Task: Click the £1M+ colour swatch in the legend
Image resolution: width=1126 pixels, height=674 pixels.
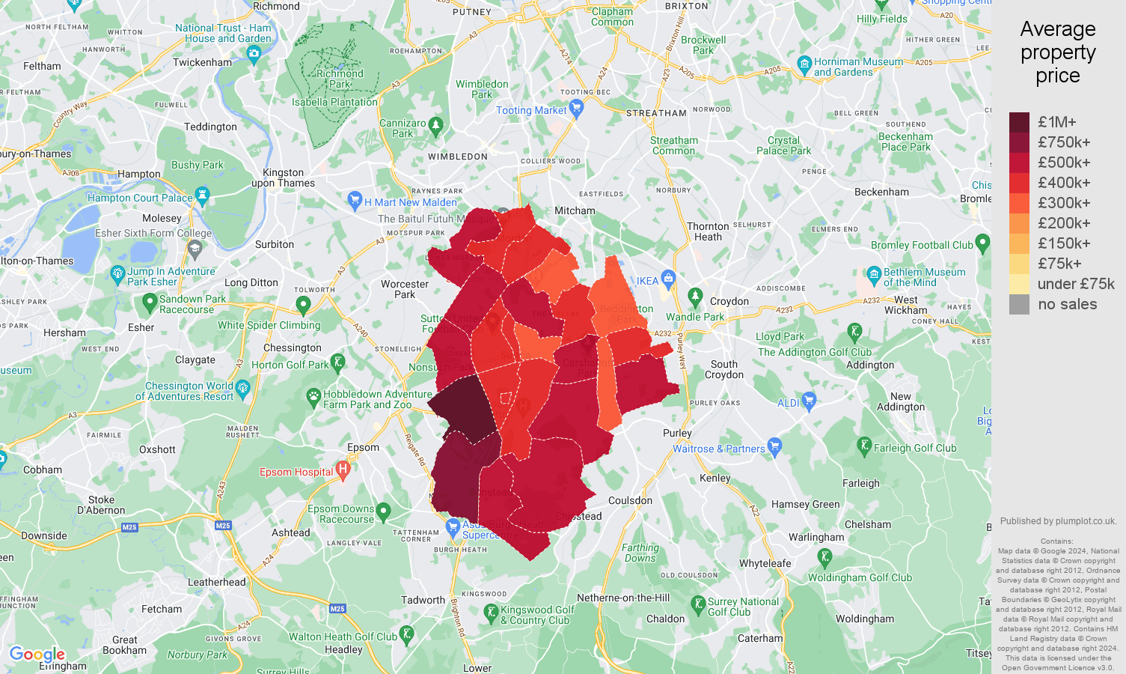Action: click(x=1019, y=122)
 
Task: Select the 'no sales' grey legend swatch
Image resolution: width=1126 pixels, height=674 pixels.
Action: click(x=1019, y=304)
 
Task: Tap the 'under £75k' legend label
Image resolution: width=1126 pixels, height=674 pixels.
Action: click(x=1076, y=284)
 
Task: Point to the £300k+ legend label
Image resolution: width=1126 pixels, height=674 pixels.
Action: click(x=1064, y=203)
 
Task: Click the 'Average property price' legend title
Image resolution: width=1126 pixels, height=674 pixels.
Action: click(x=1057, y=52)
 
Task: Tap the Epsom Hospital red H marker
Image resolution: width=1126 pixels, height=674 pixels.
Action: click(x=343, y=470)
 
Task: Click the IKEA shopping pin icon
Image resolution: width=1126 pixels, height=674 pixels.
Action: click(x=669, y=279)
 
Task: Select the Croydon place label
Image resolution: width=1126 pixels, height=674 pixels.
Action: click(x=729, y=301)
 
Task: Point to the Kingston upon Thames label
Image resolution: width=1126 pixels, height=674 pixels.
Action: click(x=283, y=178)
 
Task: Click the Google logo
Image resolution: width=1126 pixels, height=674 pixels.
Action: click(x=37, y=655)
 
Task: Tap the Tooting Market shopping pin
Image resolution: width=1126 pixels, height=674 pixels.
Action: click(x=576, y=109)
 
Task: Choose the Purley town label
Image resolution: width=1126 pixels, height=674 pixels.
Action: click(x=677, y=433)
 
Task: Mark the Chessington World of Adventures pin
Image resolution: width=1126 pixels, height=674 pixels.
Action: click(x=242, y=388)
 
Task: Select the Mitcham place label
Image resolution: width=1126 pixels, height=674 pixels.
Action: click(x=575, y=211)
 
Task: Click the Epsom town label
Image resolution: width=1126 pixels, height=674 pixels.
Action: click(x=363, y=447)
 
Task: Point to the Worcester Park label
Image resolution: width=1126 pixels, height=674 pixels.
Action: click(x=405, y=289)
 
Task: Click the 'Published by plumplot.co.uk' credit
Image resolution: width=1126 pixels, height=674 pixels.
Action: click(x=1058, y=521)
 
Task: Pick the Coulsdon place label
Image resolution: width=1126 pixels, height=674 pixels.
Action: click(x=630, y=500)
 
